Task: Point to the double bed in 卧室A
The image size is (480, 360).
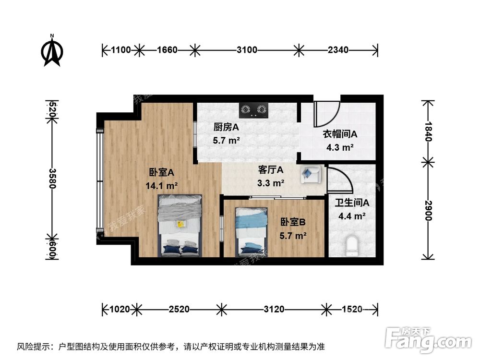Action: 179,226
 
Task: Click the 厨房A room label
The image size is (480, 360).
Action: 227,127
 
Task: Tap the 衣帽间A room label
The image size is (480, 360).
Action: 339,135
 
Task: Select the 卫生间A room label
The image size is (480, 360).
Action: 352,203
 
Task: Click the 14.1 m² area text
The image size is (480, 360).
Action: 162,185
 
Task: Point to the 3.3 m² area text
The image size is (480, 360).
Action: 271,182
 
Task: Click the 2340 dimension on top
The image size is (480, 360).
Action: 338,49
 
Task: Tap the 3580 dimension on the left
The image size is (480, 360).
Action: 52,178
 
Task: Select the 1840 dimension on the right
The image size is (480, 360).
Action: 429,130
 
